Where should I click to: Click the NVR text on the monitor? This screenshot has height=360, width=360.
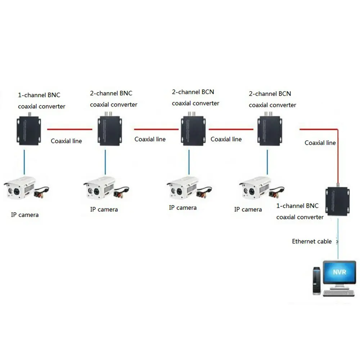point(339,272)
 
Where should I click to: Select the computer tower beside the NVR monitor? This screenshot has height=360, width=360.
point(316,281)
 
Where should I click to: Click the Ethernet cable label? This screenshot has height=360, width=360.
point(312,242)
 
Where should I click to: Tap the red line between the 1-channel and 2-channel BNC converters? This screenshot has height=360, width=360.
point(69,129)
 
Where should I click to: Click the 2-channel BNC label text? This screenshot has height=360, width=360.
point(111,93)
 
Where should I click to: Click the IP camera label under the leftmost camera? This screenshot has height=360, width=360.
point(24,215)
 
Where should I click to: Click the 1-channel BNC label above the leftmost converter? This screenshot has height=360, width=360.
point(39,95)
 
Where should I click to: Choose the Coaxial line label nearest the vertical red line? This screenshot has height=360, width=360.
point(320,143)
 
